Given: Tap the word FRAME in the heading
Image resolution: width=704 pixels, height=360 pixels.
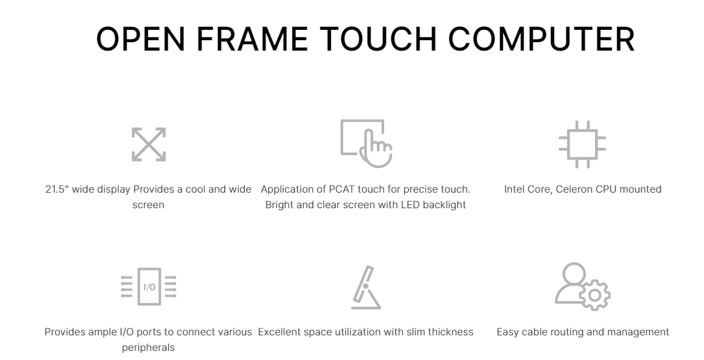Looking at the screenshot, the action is click(252, 39).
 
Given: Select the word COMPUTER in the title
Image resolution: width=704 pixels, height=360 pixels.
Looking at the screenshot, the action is click(542, 39).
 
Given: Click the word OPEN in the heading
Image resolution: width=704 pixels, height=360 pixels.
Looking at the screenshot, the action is click(141, 39).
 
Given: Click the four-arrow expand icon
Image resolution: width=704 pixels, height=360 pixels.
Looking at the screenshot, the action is click(149, 145).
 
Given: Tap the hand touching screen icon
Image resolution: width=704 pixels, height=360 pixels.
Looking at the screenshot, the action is click(367, 143).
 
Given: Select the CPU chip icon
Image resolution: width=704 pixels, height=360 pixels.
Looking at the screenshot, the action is click(582, 145).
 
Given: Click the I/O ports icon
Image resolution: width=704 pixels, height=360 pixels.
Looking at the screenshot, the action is click(149, 287).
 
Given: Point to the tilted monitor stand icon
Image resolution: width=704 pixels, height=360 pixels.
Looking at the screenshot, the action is click(366, 287).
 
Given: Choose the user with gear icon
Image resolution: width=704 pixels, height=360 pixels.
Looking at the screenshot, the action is click(582, 287).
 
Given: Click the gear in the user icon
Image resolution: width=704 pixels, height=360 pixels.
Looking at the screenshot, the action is click(595, 295).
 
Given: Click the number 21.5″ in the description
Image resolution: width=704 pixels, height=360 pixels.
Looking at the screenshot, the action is click(57, 189).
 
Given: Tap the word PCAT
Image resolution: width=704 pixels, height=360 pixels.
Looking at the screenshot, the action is click(343, 189).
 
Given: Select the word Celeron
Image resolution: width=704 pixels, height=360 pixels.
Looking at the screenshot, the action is click(574, 189).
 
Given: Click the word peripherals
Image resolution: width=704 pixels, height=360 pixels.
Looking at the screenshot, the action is click(148, 348).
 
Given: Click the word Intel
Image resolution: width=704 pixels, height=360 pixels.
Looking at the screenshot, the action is click(514, 189).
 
